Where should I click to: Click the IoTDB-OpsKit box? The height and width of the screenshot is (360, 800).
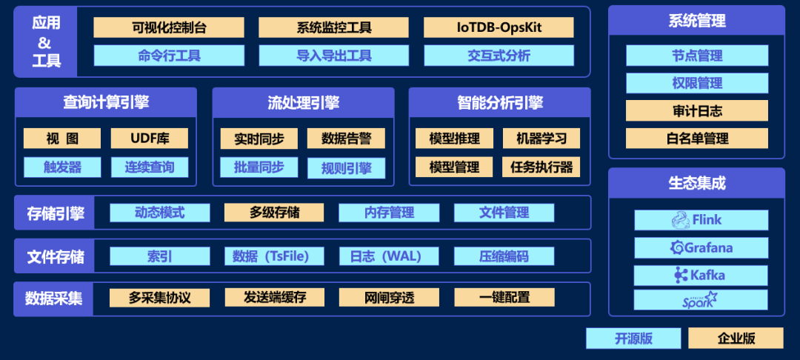point(499,27)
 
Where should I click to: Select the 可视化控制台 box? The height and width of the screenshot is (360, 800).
point(169,27)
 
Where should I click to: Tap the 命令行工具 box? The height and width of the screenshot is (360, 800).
point(169,56)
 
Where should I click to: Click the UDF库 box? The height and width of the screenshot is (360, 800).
point(150,139)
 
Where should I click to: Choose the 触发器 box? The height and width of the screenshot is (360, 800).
point(62,167)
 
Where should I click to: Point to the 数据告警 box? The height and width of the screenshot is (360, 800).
point(346,139)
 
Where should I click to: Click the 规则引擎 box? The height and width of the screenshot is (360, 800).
point(346,167)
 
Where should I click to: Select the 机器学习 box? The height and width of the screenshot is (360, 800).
point(541,139)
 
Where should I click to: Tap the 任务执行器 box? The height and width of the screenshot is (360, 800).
point(541,167)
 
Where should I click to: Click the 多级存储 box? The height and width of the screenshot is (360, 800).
point(274,213)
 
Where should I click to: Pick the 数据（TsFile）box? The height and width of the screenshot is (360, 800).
point(274,256)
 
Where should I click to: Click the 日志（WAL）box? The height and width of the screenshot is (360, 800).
point(389,256)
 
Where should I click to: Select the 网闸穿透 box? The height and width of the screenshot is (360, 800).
point(389,298)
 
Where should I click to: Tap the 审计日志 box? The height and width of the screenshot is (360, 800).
point(697,111)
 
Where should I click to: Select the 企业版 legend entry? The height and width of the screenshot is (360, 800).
point(736,339)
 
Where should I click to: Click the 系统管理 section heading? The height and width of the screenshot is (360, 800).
point(697,20)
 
